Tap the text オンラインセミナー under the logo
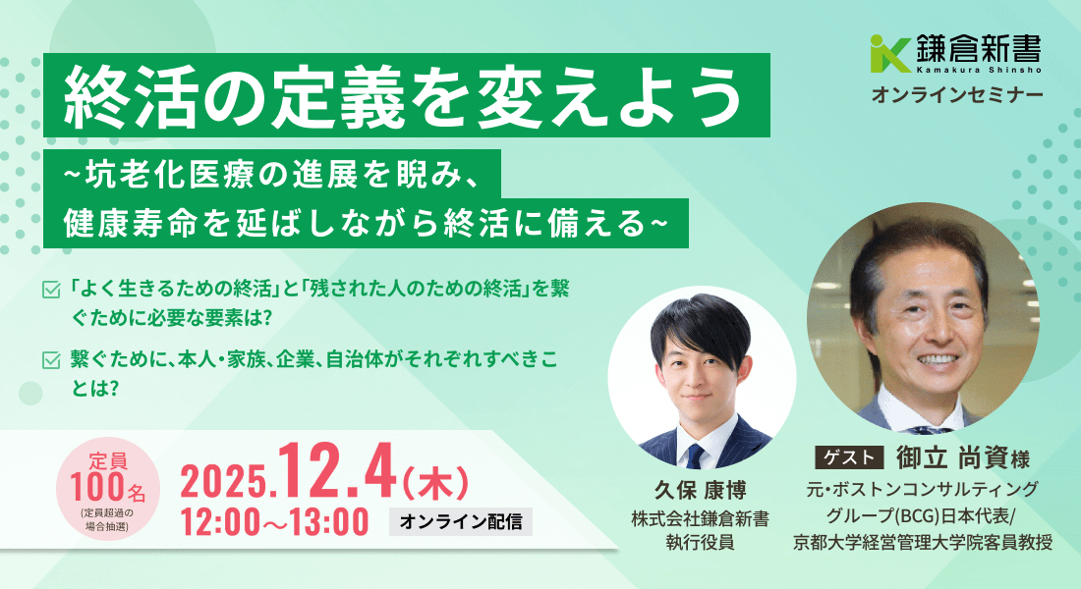point(957,95)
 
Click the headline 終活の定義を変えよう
point(404,96)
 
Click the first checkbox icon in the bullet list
point(51,290)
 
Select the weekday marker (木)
point(435,482)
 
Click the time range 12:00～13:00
point(274,521)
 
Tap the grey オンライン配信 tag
point(461,521)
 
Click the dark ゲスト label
point(849,456)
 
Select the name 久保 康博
point(700,490)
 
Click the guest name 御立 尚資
point(951,456)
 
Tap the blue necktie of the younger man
point(695,455)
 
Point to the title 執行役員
point(700,543)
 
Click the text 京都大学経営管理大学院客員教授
point(923,543)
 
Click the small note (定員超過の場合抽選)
point(107,519)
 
